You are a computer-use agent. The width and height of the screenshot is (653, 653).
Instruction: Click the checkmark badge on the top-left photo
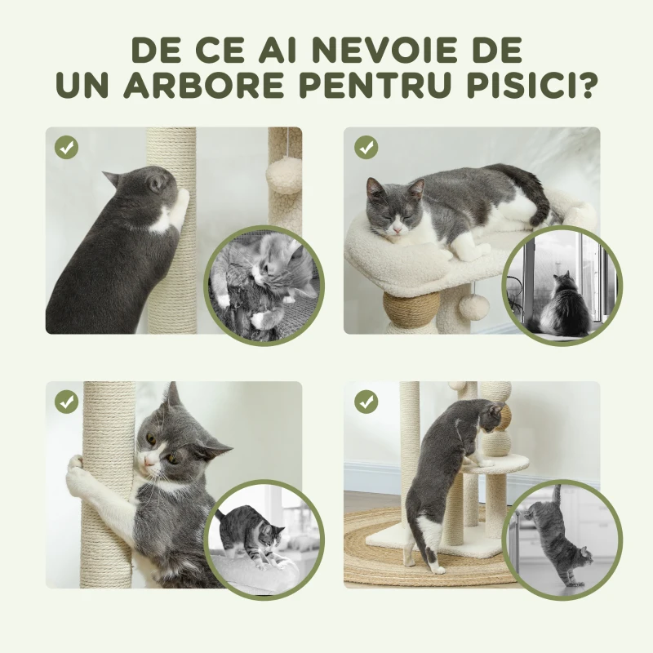point(66,147)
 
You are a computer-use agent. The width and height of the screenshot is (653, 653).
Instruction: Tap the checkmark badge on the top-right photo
point(366,147)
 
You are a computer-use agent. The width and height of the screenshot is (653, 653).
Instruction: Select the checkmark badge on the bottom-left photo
point(66,402)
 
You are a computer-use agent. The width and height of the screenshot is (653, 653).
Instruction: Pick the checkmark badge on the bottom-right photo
point(366,402)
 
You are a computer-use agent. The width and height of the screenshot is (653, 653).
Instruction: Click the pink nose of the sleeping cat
point(397,232)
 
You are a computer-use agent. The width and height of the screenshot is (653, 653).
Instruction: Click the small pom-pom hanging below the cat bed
point(473,307)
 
